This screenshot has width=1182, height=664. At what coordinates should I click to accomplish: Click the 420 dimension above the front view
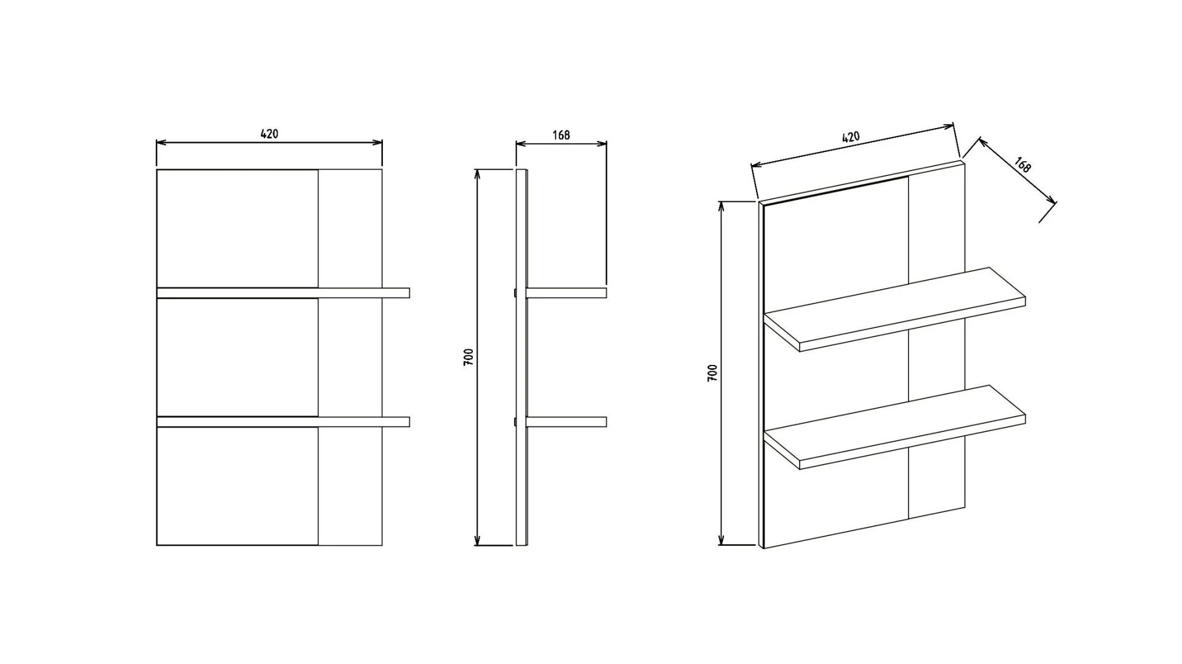click(x=270, y=134)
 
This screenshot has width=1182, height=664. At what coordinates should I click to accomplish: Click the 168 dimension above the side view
click(x=561, y=135)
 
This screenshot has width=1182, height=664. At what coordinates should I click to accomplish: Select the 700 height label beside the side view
click(x=468, y=358)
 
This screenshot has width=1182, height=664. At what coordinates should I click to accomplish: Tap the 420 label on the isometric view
click(x=850, y=137)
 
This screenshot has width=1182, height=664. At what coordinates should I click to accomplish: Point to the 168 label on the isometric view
click(x=1022, y=165)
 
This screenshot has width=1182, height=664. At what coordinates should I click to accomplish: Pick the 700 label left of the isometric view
click(x=712, y=373)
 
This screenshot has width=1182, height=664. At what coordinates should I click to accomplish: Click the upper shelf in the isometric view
click(x=895, y=310)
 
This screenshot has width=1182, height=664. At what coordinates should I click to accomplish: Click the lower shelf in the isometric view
click(x=895, y=427)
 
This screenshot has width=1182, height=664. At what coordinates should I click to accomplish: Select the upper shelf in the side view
click(x=566, y=293)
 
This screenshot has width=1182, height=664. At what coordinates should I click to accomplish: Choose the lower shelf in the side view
click(x=566, y=422)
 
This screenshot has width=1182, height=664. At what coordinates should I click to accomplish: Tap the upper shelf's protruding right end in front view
click(x=396, y=293)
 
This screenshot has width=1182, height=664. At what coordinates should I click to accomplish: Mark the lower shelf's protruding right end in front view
click(x=396, y=422)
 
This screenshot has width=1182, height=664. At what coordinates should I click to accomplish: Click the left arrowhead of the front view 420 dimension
click(x=161, y=143)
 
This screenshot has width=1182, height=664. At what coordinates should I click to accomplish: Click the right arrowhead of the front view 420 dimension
click(x=377, y=143)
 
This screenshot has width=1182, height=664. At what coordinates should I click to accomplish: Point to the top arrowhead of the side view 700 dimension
click(x=476, y=174)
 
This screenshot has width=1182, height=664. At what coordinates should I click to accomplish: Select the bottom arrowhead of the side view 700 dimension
click(x=476, y=540)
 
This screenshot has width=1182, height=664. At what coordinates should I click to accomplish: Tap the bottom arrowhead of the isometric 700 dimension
click(x=721, y=540)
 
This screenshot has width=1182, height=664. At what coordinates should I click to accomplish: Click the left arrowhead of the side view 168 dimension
click(x=521, y=144)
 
